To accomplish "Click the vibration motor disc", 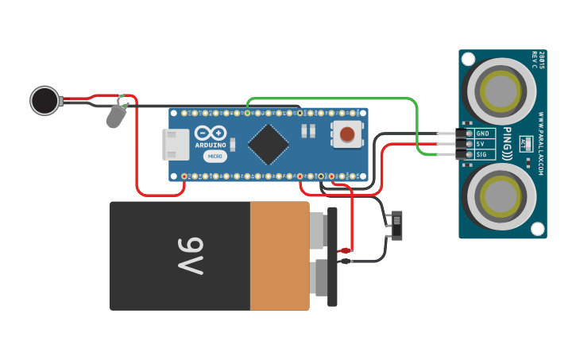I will (44, 100).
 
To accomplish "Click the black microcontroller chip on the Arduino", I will (268, 144).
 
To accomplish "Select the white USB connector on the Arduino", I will (176, 144).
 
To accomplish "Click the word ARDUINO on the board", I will (211, 145).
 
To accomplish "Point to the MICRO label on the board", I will (215, 157).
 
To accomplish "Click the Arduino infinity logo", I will (211, 134).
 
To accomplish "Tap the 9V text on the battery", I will (191, 255).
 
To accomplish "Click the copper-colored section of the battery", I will (279, 255).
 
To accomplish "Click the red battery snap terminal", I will (345, 251).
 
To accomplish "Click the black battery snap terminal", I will (345, 261).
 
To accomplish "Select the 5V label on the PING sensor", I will (481, 144).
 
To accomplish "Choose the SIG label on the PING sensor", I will (481, 154).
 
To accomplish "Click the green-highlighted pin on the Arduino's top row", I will (248, 113).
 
